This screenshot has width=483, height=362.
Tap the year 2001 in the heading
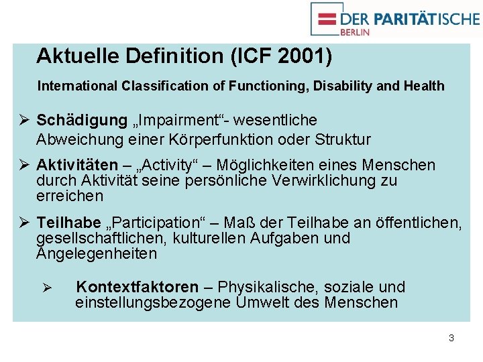click(x=302, y=56)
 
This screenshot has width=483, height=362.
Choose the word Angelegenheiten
click(x=97, y=254)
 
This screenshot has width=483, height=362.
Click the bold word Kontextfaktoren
click(x=137, y=288)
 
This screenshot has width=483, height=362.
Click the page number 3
click(x=451, y=338)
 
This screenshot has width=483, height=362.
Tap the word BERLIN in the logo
click(x=355, y=31)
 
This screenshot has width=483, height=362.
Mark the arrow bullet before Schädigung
click(x=23, y=121)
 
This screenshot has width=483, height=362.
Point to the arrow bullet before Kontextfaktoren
click(x=48, y=288)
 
